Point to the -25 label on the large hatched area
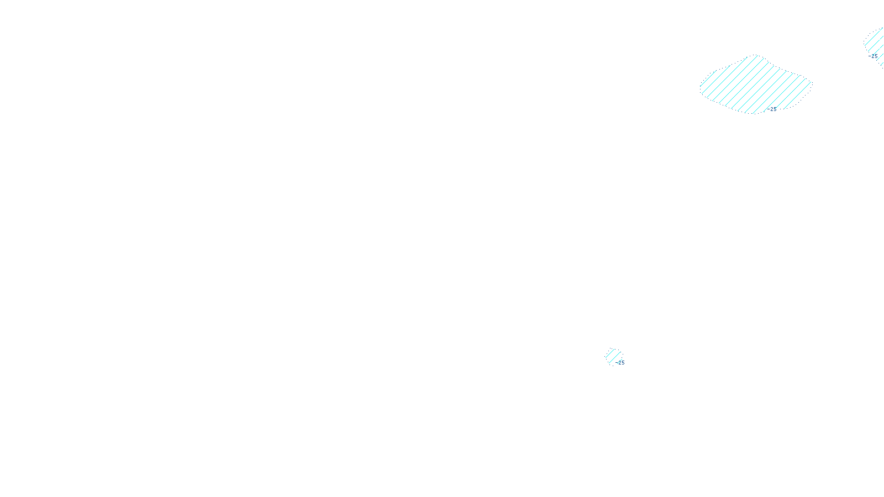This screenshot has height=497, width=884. pyautogui.click(x=772, y=109)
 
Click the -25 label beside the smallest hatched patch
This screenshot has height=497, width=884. pyautogui.click(x=620, y=363)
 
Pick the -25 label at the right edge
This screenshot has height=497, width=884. pyautogui.click(x=874, y=56)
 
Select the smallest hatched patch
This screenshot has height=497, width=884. pyautogui.click(x=613, y=356)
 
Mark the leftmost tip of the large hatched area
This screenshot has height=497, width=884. pyautogui.click(x=700, y=87)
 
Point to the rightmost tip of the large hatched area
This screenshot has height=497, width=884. pyautogui.click(x=812, y=83)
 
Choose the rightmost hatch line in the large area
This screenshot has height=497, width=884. pyautogui.click(x=808, y=88)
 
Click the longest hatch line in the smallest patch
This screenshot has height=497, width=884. pyautogui.click(x=614, y=356)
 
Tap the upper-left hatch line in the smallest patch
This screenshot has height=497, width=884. pyautogui.click(x=609, y=352)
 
